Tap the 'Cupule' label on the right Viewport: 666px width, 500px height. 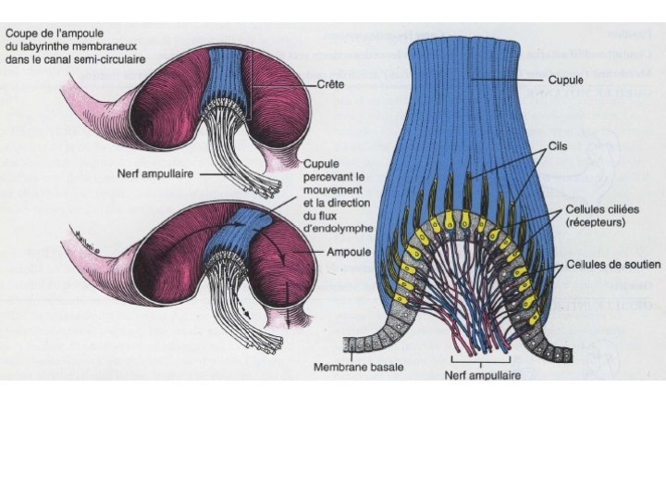(564, 81)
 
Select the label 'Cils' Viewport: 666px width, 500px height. (559, 146)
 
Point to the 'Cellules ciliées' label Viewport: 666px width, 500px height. (598, 210)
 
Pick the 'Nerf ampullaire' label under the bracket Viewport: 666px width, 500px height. (482, 375)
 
